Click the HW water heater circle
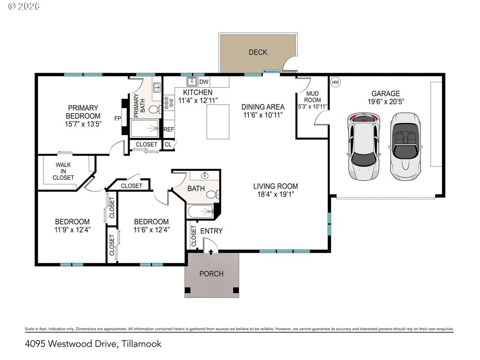click(336, 82)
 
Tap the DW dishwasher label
click(204, 82)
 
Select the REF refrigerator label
click(169, 129)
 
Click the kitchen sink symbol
click(192, 81)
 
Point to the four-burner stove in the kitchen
click(169, 103)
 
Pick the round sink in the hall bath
click(204, 175)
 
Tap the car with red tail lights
click(363, 147)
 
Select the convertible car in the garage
click(405, 146)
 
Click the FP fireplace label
click(118, 118)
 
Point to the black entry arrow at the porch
click(211, 252)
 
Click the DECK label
click(258, 52)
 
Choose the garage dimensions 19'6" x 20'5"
click(386, 102)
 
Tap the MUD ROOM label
click(312, 97)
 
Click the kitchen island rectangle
click(218, 122)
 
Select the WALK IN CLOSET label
click(63, 171)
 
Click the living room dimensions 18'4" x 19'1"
click(276, 194)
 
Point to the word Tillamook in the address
click(141, 344)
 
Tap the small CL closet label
click(168, 144)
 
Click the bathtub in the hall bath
click(201, 211)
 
